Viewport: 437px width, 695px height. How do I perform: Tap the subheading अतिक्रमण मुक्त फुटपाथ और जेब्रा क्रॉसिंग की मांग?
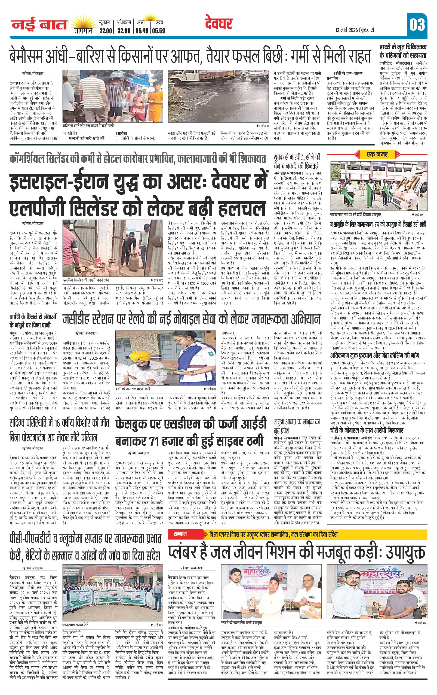pyautogui.click(x=378, y=355)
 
